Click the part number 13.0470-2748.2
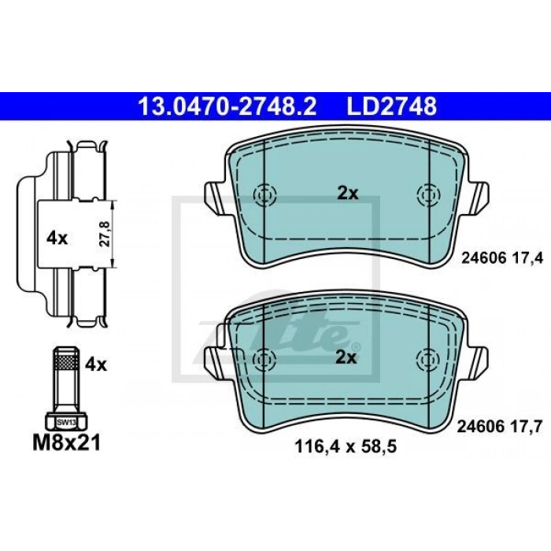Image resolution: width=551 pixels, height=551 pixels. [x=227, y=106]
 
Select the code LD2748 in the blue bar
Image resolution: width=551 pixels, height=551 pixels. [x=391, y=106]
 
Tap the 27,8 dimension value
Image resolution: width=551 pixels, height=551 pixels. [x=105, y=234]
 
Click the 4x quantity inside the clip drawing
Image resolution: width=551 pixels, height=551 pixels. [x=57, y=239]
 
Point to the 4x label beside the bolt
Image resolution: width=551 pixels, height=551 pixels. [x=95, y=365]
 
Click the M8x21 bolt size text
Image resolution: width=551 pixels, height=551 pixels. [x=67, y=442]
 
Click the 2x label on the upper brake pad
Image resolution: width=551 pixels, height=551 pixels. [x=348, y=194]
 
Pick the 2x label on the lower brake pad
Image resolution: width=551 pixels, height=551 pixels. [x=346, y=357]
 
